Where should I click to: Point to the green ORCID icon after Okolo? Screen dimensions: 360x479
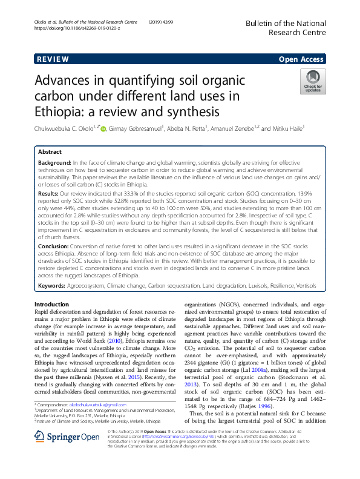(x=103, y=128)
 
